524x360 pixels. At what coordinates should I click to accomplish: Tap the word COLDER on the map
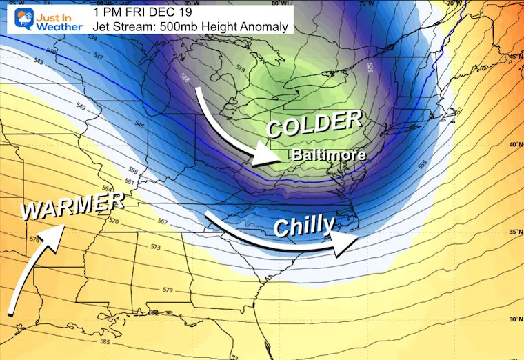[314, 124]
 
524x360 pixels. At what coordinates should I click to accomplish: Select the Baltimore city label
[329, 155]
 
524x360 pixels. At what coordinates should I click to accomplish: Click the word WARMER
[72, 206]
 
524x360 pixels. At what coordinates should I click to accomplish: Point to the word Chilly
[303, 226]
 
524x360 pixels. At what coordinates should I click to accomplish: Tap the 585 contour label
[105, 341]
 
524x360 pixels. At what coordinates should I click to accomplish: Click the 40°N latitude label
[512, 145]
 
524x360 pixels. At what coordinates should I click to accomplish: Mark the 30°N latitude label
[512, 319]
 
